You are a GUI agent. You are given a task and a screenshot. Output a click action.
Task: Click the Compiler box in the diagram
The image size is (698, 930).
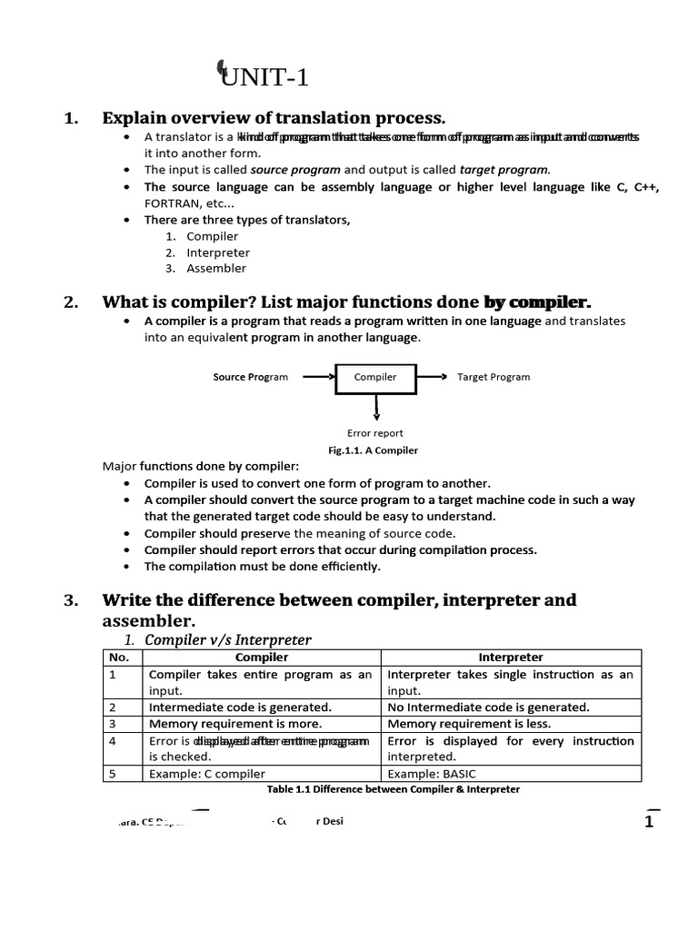(x=374, y=377)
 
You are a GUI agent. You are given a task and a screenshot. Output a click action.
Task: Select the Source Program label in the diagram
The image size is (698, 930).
(x=250, y=377)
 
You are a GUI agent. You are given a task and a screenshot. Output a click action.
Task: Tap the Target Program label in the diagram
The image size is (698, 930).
(x=493, y=377)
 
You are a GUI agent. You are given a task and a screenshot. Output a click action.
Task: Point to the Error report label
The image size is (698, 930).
(x=374, y=433)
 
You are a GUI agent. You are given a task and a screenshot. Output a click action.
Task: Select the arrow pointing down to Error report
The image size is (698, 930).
(x=375, y=407)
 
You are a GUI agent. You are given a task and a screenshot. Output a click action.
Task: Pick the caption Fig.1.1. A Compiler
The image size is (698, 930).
(x=373, y=450)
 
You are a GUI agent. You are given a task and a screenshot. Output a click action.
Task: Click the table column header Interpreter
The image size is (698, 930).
(x=510, y=658)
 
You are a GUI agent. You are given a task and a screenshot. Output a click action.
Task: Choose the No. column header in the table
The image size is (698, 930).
(x=119, y=658)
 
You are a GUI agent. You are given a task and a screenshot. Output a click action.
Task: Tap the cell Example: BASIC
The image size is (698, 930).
(x=424, y=774)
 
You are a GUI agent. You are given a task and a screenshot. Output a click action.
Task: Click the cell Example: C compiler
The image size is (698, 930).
(x=207, y=774)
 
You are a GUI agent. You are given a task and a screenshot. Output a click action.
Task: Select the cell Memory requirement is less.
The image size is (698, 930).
(x=469, y=724)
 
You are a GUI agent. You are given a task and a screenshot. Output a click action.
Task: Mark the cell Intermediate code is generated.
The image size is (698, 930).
(x=240, y=707)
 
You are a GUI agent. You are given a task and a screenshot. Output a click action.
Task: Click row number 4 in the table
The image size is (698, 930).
(x=113, y=741)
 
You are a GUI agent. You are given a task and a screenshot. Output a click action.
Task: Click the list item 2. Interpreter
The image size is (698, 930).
(x=217, y=252)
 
